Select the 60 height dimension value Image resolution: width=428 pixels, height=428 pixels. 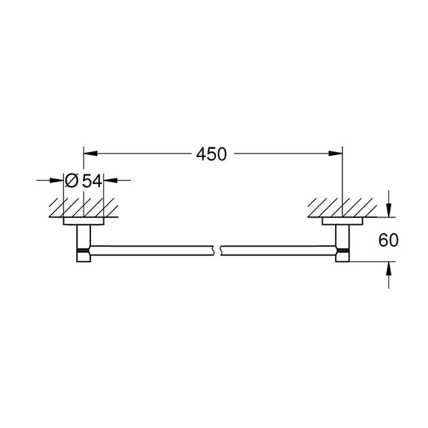coord(388,240)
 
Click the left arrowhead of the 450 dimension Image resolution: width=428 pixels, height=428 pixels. coord(88,154)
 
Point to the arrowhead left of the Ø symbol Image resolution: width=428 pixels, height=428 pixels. coord(58,181)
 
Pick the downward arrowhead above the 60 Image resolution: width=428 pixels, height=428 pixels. coord(388,211)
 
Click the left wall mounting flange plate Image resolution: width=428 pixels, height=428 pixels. coord(84,221)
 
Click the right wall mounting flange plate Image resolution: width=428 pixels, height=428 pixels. coord(342,221)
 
